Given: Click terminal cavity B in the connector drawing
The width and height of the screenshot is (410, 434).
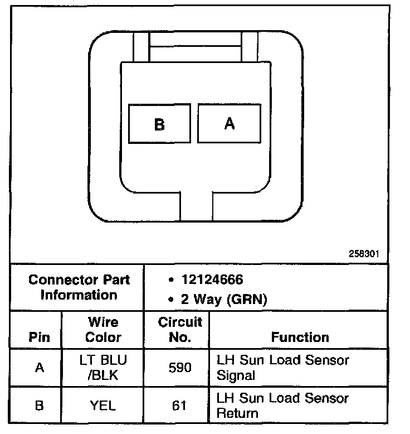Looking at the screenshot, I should pyautogui.click(x=159, y=124).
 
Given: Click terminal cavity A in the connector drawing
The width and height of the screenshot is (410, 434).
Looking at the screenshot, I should pyautogui.click(x=229, y=123).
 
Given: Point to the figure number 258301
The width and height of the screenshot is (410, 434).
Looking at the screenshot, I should pyautogui.click(x=364, y=253).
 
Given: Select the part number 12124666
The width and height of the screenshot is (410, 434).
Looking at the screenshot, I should pyautogui.click(x=212, y=279).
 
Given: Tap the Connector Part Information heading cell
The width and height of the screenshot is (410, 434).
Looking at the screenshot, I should pyautogui.click(x=79, y=287).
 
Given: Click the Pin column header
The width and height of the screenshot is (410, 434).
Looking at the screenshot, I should pyautogui.click(x=39, y=337).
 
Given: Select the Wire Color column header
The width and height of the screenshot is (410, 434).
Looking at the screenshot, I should pyautogui.click(x=103, y=330).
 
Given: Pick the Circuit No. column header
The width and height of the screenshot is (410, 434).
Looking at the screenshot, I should pyautogui.click(x=180, y=330).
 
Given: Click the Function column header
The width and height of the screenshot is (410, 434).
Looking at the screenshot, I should pyautogui.click(x=300, y=337).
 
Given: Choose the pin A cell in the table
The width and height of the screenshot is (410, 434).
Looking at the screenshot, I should pyautogui.click(x=39, y=368).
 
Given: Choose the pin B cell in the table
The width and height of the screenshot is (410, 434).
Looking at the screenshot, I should pyautogui.click(x=39, y=406).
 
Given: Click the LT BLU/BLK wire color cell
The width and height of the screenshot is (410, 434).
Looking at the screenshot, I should pyautogui.click(x=103, y=368).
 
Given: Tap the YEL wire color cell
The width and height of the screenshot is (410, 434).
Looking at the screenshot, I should pyautogui.click(x=103, y=406).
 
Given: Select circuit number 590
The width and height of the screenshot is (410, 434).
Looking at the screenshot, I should pyautogui.click(x=179, y=368).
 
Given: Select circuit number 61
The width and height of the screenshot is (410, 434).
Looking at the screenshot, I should pyautogui.click(x=179, y=406).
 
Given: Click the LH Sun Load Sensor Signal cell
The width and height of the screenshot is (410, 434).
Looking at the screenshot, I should pyautogui.click(x=282, y=368).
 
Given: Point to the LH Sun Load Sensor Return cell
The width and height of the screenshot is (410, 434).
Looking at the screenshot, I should pyautogui.click(x=282, y=406).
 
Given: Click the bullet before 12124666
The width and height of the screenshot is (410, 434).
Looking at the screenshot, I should pyautogui.click(x=170, y=280).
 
